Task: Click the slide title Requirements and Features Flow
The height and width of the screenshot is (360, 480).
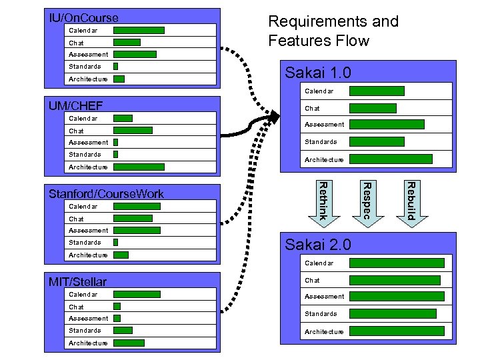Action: (333, 31)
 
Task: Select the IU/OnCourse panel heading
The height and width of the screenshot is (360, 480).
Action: (84, 18)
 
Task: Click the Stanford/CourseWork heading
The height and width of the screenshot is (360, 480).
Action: (106, 194)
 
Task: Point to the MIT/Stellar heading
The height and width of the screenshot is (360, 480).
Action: (77, 282)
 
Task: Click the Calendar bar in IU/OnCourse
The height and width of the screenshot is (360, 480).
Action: (139, 30)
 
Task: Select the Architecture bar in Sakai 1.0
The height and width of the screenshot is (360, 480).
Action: (391, 159)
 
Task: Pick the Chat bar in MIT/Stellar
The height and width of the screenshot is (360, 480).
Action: (117, 307)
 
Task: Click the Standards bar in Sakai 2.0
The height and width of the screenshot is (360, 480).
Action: (393, 314)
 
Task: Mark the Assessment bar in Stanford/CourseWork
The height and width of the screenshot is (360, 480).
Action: (137, 231)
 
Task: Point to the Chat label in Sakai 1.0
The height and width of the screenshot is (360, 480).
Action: (312, 108)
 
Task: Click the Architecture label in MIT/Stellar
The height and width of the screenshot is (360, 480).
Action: (88, 343)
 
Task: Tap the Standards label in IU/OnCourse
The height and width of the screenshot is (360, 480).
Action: (85, 67)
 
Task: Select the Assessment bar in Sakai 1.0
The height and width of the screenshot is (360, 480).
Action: (387, 124)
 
